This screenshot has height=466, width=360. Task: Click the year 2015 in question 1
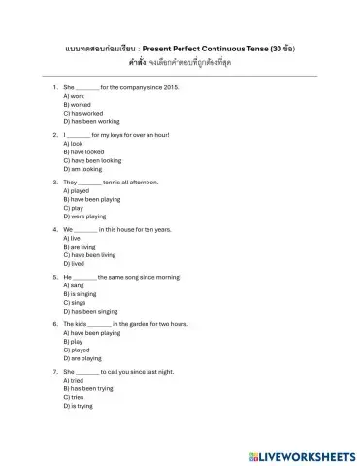coord(171,87)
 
